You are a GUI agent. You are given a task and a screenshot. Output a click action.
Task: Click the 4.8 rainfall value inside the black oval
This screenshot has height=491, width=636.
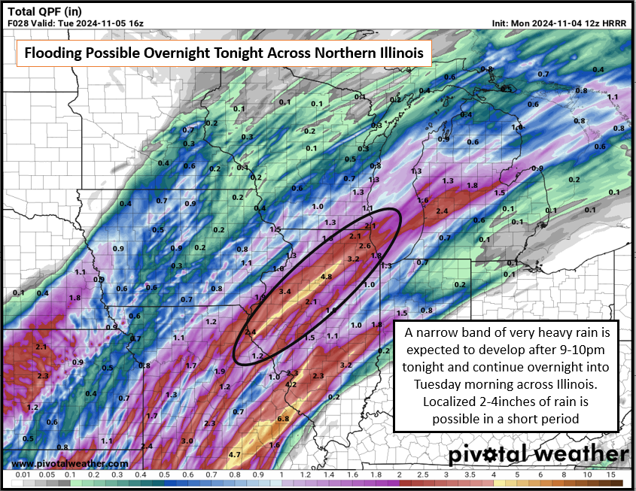pyautogui.click(x=327, y=277)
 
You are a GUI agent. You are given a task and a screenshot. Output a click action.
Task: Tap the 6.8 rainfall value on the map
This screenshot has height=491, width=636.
pyautogui.click(x=284, y=418)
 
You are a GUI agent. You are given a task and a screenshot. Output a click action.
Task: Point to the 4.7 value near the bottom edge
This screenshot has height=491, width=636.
pyautogui.click(x=234, y=454)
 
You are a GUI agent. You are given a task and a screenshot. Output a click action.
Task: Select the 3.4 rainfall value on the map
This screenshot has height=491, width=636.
pyautogui.click(x=285, y=291)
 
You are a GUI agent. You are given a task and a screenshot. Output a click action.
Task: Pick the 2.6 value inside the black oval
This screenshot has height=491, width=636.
pyautogui.click(x=365, y=246)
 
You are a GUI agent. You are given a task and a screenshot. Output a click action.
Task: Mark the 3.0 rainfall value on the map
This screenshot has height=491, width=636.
pyautogui.click(x=187, y=441)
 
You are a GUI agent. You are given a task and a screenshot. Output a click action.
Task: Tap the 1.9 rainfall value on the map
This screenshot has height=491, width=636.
pyautogui.click(x=220, y=371)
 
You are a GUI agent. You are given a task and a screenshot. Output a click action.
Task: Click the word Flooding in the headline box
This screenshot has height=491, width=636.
pyautogui.click(x=52, y=53)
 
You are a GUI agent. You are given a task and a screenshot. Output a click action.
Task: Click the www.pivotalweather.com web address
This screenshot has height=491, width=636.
pyautogui.click(x=70, y=464)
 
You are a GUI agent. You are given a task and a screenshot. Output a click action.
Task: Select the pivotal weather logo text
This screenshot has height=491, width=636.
pyautogui.click(x=537, y=455)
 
